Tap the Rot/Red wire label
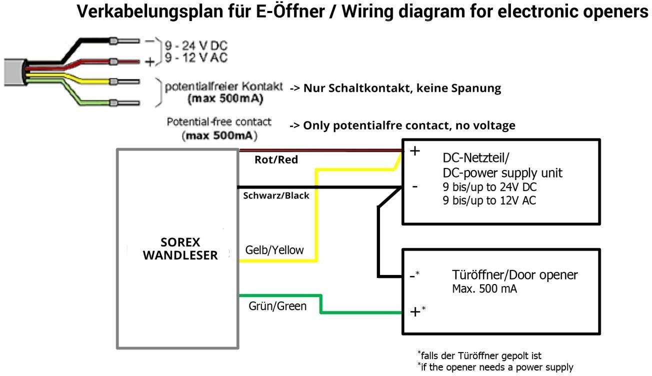click(x=276, y=160)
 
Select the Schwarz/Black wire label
click(x=275, y=195)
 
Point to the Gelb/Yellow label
click(x=274, y=250)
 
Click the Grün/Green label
click(x=277, y=305)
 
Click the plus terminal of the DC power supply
click(x=414, y=151)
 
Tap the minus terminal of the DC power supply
click(x=414, y=186)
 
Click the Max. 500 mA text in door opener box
click(x=484, y=288)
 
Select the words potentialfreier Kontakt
click(x=224, y=87)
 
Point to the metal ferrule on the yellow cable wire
click(x=114, y=81)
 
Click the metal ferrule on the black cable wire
click(x=114, y=40)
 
